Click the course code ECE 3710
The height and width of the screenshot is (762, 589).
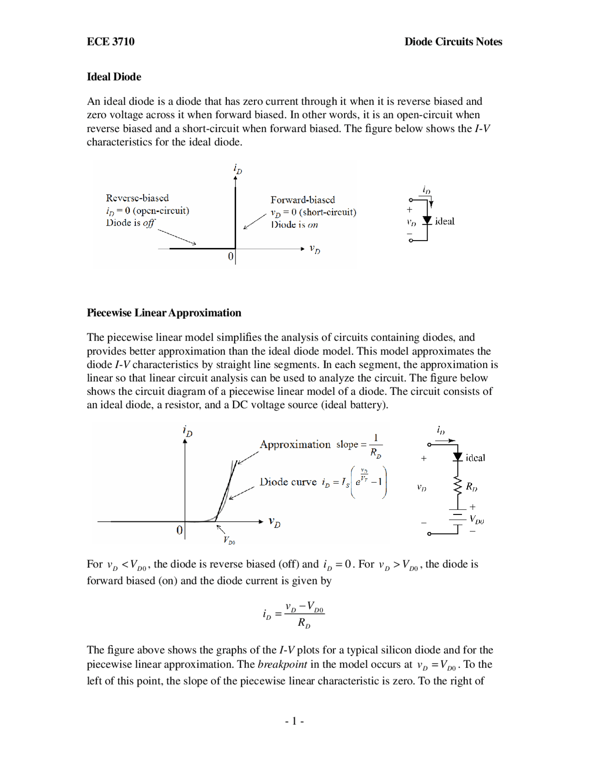[110, 42]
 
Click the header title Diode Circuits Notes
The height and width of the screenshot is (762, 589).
[453, 42]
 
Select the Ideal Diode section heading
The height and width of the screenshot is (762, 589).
[114, 77]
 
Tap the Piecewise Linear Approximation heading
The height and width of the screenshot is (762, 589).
[164, 313]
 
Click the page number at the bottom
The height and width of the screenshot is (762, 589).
[294, 721]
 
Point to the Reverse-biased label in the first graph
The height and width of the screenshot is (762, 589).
[137, 198]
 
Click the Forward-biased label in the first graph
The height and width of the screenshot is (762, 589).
[302, 200]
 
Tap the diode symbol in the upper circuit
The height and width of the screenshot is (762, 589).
[427, 221]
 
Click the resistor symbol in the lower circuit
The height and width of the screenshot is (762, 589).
[457, 486]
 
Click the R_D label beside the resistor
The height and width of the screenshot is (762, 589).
[472, 486]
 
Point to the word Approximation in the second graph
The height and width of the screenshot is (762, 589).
[295, 444]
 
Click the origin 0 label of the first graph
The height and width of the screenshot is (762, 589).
[231, 256]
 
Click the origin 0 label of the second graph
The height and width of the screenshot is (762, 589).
[179, 530]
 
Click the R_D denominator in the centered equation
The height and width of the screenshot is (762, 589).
[304, 623]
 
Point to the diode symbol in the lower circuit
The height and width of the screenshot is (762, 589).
[457, 457]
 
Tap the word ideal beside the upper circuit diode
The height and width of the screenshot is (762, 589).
[445, 221]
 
